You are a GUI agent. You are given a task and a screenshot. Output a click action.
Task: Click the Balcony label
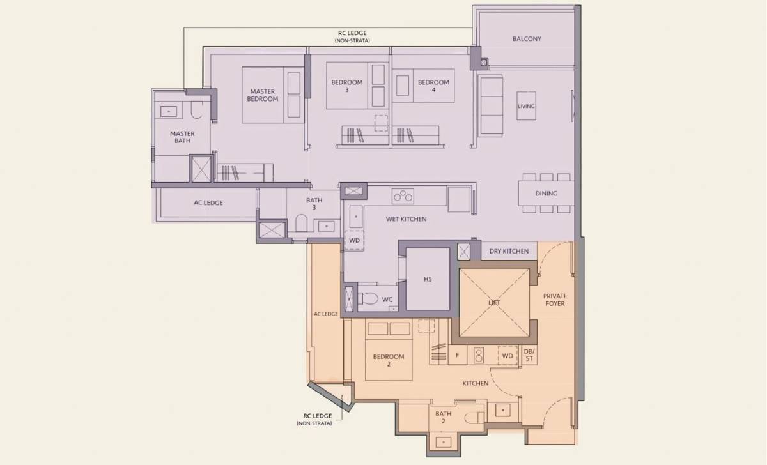pyautogui.click(x=527, y=39)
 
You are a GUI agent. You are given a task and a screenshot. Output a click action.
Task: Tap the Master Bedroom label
pyautogui.click(x=262, y=95)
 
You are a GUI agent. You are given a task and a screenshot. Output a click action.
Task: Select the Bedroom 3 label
pyautogui.click(x=347, y=86)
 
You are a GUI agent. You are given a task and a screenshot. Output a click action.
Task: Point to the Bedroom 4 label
pyautogui.click(x=433, y=86)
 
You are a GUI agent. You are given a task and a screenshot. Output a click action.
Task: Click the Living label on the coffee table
pyautogui.click(x=526, y=106)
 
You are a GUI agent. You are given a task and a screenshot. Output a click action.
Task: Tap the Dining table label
pyautogui.click(x=546, y=194)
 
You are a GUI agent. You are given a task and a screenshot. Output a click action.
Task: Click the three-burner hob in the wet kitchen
pyautogui.click(x=403, y=196)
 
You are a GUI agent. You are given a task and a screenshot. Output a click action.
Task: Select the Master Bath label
pyautogui.click(x=182, y=137)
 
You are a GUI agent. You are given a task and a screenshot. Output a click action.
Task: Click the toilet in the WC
pyautogui.click(x=368, y=298)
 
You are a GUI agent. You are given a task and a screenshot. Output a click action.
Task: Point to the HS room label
pyautogui.click(x=428, y=279)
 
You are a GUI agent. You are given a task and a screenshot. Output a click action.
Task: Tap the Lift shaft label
pyautogui.click(x=494, y=303)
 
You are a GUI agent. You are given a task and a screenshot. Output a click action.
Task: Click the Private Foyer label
pyautogui.click(x=555, y=300)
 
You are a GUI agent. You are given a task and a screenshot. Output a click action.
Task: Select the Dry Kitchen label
pyautogui.click(x=509, y=251)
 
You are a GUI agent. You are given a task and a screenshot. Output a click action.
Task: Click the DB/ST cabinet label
pyautogui.click(x=529, y=355)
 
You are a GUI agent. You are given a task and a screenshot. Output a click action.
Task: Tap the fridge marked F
pyautogui.click(x=457, y=355)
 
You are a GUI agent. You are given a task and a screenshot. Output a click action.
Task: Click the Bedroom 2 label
pyautogui.click(x=389, y=360)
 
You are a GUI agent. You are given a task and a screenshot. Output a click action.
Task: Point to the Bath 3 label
pyautogui.click(x=314, y=204)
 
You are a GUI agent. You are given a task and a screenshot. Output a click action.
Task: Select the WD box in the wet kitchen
pyautogui.click(x=354, y=241)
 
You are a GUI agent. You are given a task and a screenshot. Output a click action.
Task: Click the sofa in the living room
pyautogui.click(x=490, y=106)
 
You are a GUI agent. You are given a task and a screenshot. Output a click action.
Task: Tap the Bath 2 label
pyautogui.click(x=443, y=417)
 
